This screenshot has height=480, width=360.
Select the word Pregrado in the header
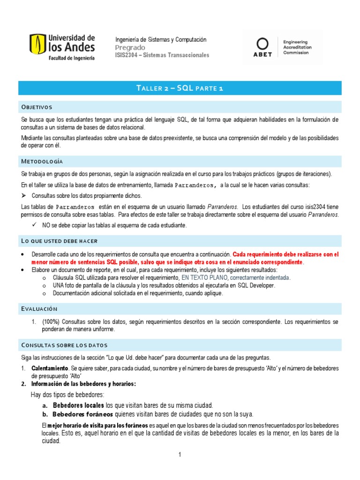coord(130,48)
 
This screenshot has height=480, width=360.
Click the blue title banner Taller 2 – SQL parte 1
coord(180,88)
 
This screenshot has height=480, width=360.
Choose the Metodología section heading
coord(42,161)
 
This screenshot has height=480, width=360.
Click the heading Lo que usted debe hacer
coord(59,241)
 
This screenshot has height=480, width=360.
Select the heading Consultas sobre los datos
coord(64,345)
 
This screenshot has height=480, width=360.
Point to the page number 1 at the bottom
coord(180,455)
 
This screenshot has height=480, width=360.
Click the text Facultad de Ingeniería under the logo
coord(71,58)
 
